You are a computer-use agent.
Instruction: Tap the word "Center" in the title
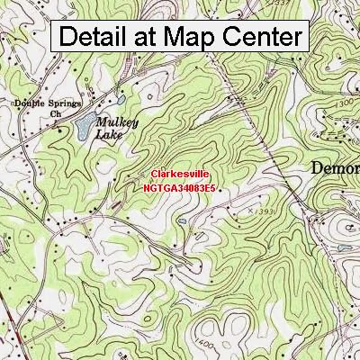[x=259, y=37]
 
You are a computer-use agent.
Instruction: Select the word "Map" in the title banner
[x=190, y=37]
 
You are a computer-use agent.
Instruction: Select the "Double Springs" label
[x=44, y=103]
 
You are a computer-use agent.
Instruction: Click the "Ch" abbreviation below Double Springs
[x=55, y=114]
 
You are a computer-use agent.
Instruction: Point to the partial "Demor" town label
[x=335, y=168]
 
